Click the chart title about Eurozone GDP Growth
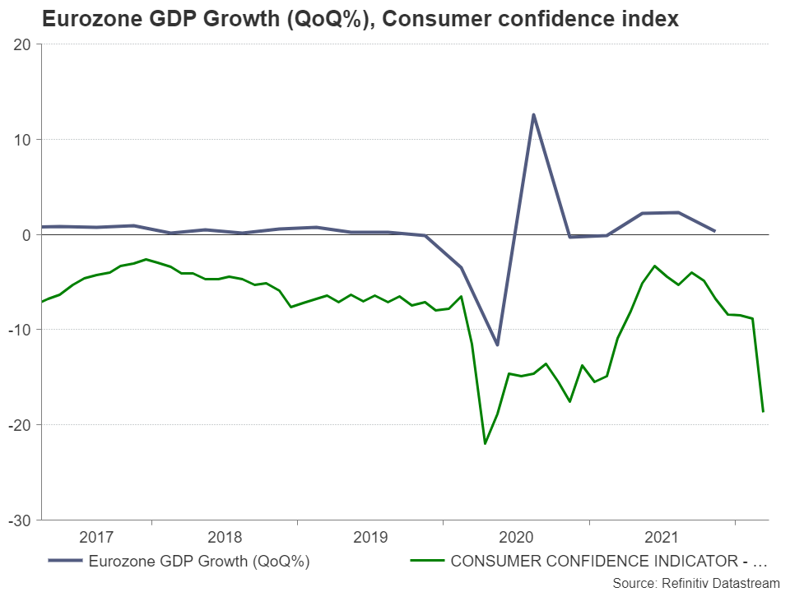360,19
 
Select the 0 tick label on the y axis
26,235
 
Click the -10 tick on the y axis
20,330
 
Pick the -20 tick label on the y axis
20,425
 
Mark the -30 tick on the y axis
20,520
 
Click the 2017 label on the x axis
96,538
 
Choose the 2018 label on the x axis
225,538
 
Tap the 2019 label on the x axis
370,538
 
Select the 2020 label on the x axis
517,538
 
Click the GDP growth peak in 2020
533,114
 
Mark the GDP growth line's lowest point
497,345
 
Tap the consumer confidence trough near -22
485,444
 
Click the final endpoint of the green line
764,411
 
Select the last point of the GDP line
714,231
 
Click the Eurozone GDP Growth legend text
198,562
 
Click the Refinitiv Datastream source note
695,582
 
